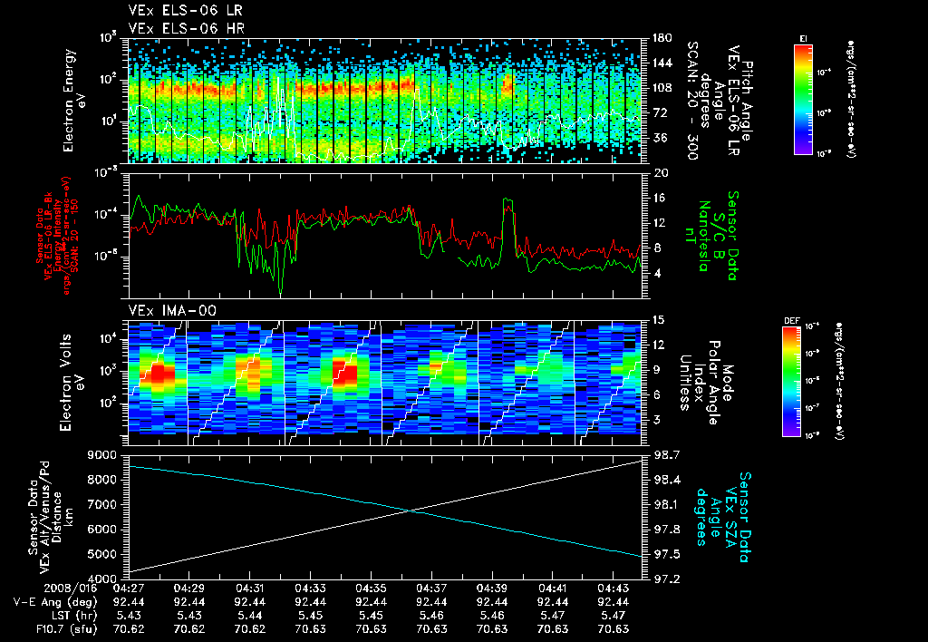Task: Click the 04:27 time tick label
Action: [x=129, y=588]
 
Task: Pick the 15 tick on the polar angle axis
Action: [x=659, y=319]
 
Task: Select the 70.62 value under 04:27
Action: [x=129, y=627]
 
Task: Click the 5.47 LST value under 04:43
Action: [x=614, y=615]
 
